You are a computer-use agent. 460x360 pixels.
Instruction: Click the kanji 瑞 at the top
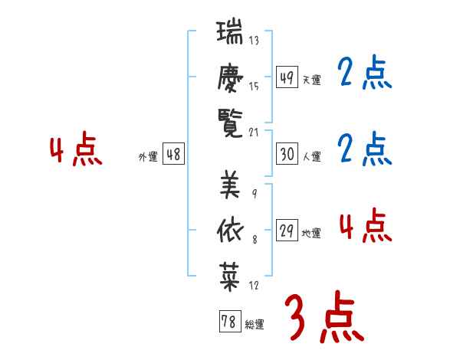click(x=231, y=34)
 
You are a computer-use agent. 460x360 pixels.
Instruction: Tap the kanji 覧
click(x=231, y=123)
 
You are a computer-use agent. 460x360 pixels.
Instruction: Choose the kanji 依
click(x=231, y=227)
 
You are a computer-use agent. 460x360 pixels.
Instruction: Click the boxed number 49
click(x=287, y=77)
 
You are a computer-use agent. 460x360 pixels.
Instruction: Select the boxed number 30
click(x=287, y=154)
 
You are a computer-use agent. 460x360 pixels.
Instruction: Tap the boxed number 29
click(x=287, y=231)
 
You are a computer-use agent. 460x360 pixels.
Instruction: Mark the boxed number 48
click(x=174, y=154)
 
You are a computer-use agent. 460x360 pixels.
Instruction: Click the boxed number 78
click(x=228, y=322)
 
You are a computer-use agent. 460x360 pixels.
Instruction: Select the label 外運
click(x=147, y=157)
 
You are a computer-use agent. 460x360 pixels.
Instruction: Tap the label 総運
click(x=255, y=325)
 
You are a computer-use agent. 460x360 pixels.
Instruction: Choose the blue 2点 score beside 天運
click(x=365, y=74)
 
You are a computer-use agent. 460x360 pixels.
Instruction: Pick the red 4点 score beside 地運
click(x=365, y=225)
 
